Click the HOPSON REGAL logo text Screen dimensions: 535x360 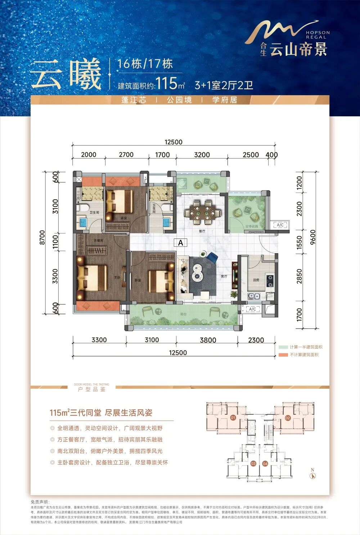point(318,35)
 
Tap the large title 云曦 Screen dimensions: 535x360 point(66,74)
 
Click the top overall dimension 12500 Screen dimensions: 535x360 point(174,142)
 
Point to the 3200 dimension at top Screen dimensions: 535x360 point(202,155)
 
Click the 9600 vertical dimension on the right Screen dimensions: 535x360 point(312,238)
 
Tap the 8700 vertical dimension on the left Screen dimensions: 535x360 point(42,238)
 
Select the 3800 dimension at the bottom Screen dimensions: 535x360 point(208,340)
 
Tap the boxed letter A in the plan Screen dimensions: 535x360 point(180,242)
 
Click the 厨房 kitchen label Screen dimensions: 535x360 point(256,280)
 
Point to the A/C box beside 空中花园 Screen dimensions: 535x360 point(280,225)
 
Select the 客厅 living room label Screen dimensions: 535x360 point(224,276)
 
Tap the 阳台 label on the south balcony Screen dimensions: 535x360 point(184,314)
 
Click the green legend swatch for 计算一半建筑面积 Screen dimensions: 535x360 point(283,347)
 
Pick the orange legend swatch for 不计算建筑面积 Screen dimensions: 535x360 point(283,355)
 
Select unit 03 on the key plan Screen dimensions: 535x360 point(253,464)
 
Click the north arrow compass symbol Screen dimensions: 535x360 point(312,475)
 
